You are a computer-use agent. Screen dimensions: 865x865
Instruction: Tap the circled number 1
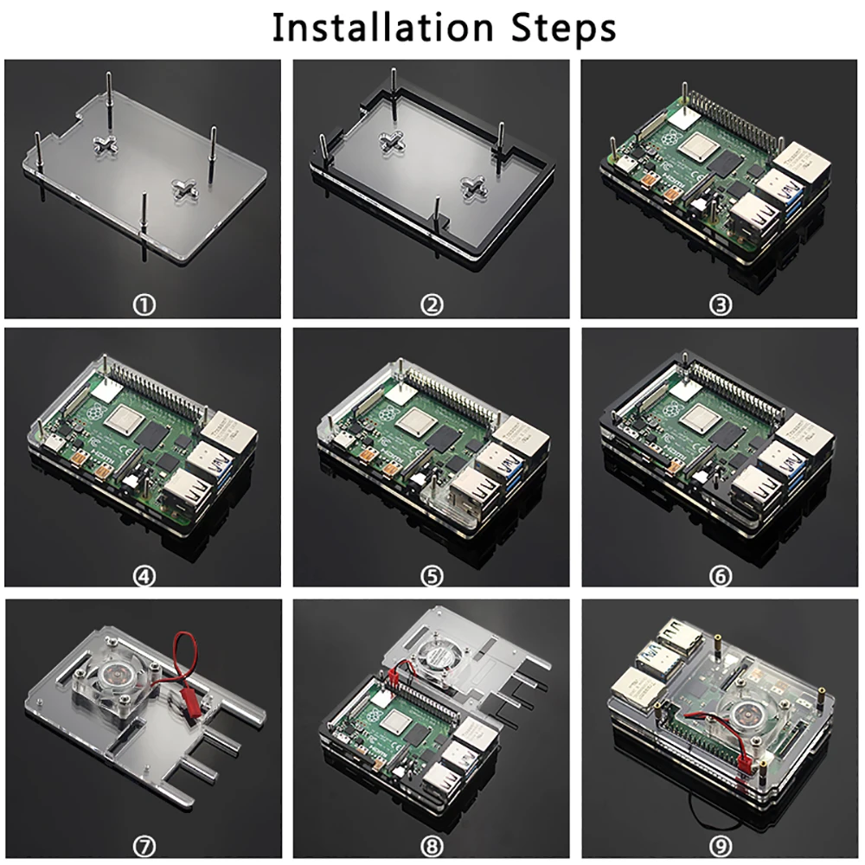pyautogui.click(x=144, y=304)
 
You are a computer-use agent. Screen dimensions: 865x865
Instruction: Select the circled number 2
pyautogui.click(x=432, y=304)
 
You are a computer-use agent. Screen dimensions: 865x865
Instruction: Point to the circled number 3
pyautogui.click(x=720, y=304)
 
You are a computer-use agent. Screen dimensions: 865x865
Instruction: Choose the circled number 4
pyautogui.click(x=144, y=576)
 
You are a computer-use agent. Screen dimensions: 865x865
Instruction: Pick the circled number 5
pyautogui.click(x=432, y=576)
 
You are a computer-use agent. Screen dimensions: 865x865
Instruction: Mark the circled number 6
pyautogui.click(x=720, y=576)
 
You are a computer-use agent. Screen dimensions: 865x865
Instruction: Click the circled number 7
pyautogui.click(x=144, y=846)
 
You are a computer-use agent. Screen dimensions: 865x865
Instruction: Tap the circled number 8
pyautogui.click(x=432, y=846)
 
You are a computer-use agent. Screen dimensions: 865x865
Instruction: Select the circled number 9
pyautogui.click(x=720, y=846)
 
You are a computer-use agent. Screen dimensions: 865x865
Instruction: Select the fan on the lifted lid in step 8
pyautogui.click(x=439, y=656)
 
